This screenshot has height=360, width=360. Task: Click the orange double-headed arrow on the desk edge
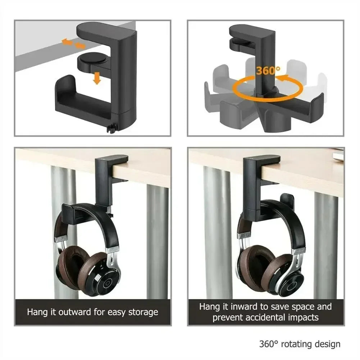pyautogui.click(x=73, y=44)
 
